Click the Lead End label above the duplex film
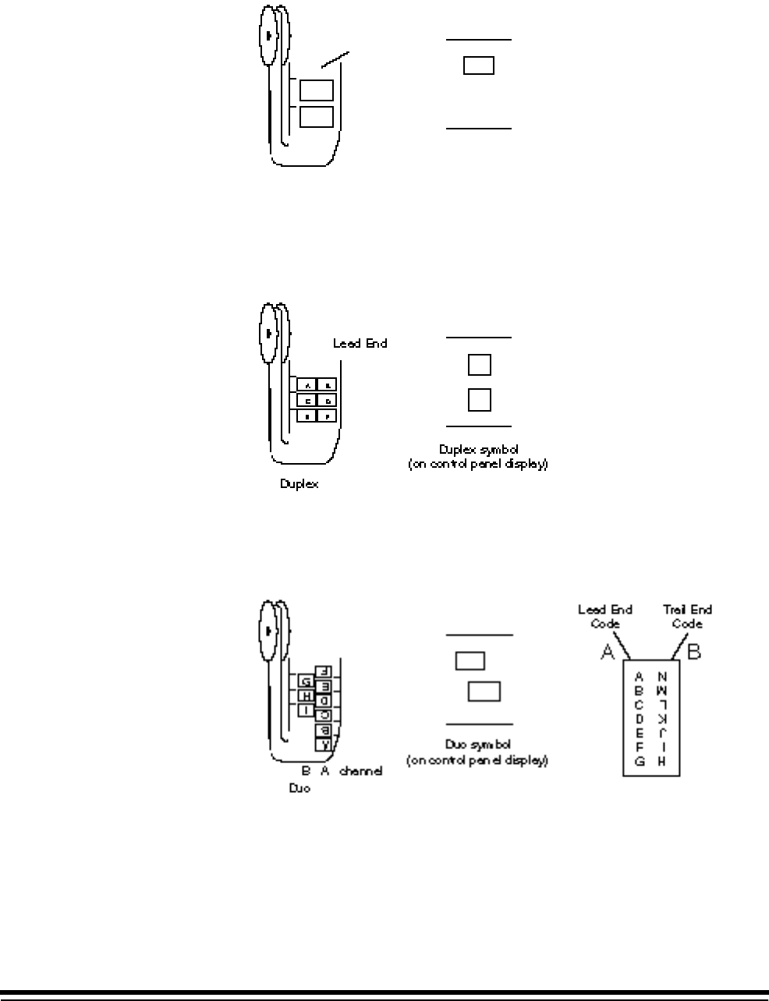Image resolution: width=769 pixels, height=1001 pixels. coord(360,343)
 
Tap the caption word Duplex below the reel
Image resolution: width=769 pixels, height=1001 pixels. coord(299,484)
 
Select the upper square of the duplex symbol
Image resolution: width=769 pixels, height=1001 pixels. coord(479,364)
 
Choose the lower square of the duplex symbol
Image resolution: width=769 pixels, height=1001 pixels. coord(479,400)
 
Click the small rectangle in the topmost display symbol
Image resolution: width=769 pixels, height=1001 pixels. coord(479,65)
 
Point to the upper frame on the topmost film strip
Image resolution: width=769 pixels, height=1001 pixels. coord(317,90)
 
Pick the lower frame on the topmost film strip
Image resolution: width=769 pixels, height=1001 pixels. coord(317,117)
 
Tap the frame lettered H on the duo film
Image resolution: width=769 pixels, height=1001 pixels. coord(306,696)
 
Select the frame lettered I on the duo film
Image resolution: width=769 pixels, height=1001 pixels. coord(306,710)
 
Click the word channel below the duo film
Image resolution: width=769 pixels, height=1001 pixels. coord(360,771)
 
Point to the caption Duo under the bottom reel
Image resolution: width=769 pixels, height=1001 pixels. coord(299,788)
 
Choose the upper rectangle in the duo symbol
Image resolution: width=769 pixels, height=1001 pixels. coord(470,661)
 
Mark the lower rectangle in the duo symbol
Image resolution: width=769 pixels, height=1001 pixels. coord(484,692)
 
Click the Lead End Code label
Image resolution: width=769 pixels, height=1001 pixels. coord(605,617)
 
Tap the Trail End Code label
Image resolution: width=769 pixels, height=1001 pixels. coord(687,617)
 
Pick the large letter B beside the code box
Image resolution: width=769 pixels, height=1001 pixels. coord(693,652)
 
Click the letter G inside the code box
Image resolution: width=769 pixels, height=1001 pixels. coord(640,762)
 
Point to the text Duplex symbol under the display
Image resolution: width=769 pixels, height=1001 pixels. coord(478,450)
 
